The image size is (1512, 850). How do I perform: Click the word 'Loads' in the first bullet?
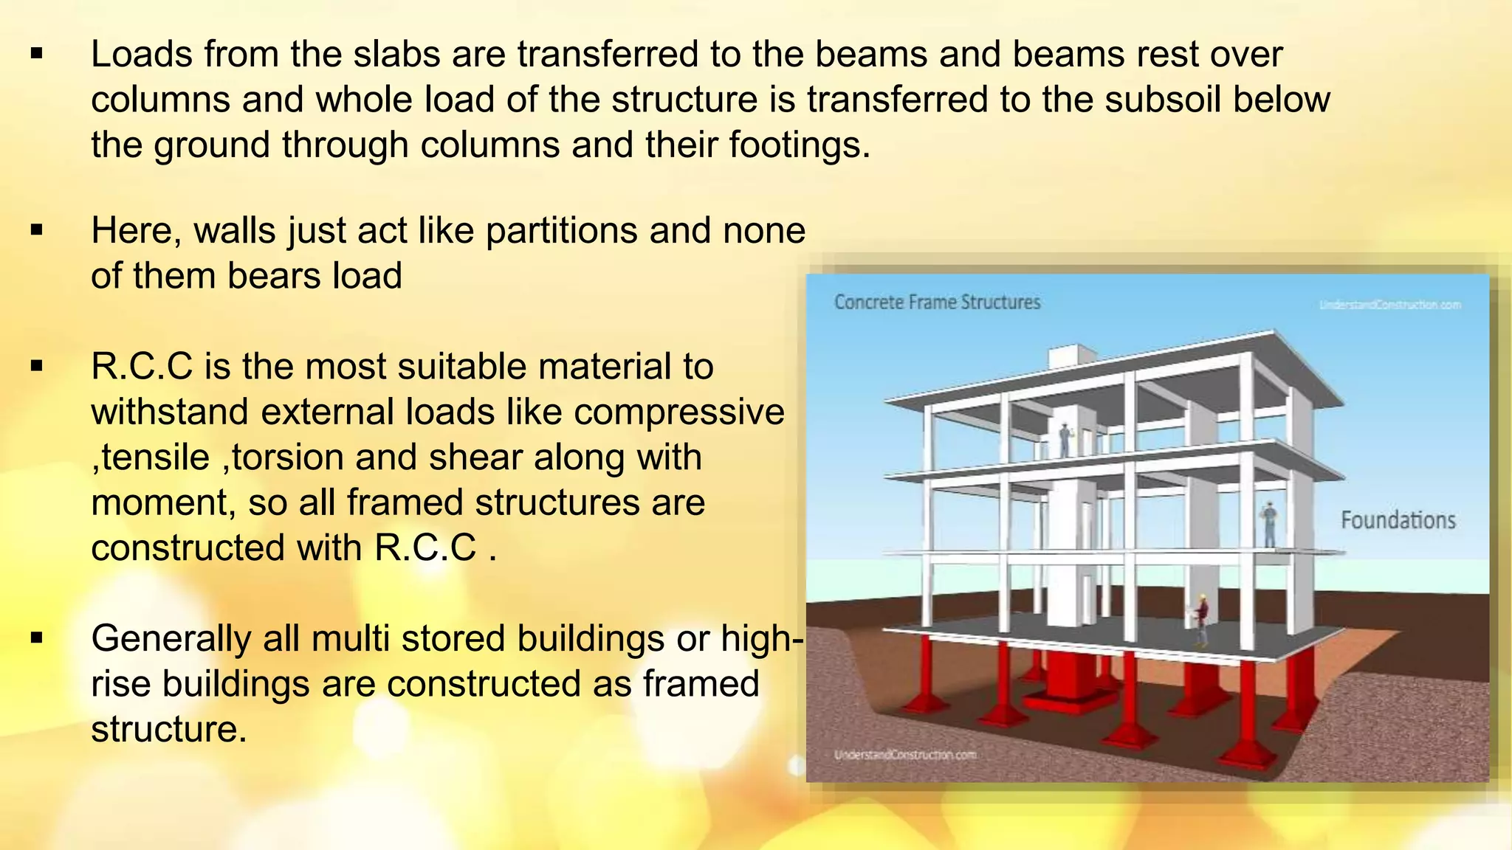click(x=141, y=55)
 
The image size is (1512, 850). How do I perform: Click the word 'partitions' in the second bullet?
click(x=561, y=231)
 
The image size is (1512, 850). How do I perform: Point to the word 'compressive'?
click(x=678, y=412)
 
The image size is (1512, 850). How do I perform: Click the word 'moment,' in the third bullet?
click(x=163, y=503)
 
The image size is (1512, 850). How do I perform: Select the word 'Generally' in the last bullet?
click(x=171, y=639)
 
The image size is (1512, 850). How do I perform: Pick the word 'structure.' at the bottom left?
click(x=168, y=730)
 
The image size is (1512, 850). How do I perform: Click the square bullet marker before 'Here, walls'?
click(x=38, y=231)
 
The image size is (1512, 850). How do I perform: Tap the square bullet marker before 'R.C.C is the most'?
click(x=38, y=367)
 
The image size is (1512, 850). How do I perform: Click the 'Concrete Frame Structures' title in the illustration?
click(x=937, y=303)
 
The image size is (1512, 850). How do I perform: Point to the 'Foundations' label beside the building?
click(x=1398, y=521)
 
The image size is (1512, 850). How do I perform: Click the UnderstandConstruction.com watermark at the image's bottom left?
click(x=905, y=755)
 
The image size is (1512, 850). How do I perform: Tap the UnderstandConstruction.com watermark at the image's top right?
click(x=1389, y=305)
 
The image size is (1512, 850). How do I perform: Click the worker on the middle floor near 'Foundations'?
click(x=1269, y=525)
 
